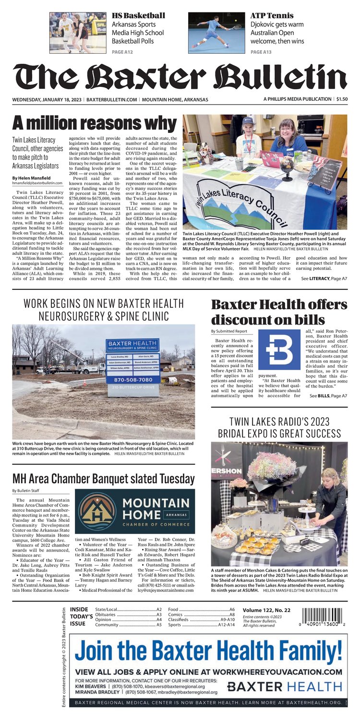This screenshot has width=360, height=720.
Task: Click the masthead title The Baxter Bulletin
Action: coord(180,77)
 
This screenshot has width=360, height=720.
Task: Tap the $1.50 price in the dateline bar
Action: coord(342,99)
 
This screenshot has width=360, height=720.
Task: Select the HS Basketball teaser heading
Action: coord(138,16)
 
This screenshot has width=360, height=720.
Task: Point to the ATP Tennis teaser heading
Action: coord(272,16)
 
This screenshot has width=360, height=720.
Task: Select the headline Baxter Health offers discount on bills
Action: coord(279,312)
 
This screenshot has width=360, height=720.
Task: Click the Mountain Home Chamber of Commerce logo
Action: coord(134,511)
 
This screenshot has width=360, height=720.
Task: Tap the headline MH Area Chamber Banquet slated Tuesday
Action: coord(104,479)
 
